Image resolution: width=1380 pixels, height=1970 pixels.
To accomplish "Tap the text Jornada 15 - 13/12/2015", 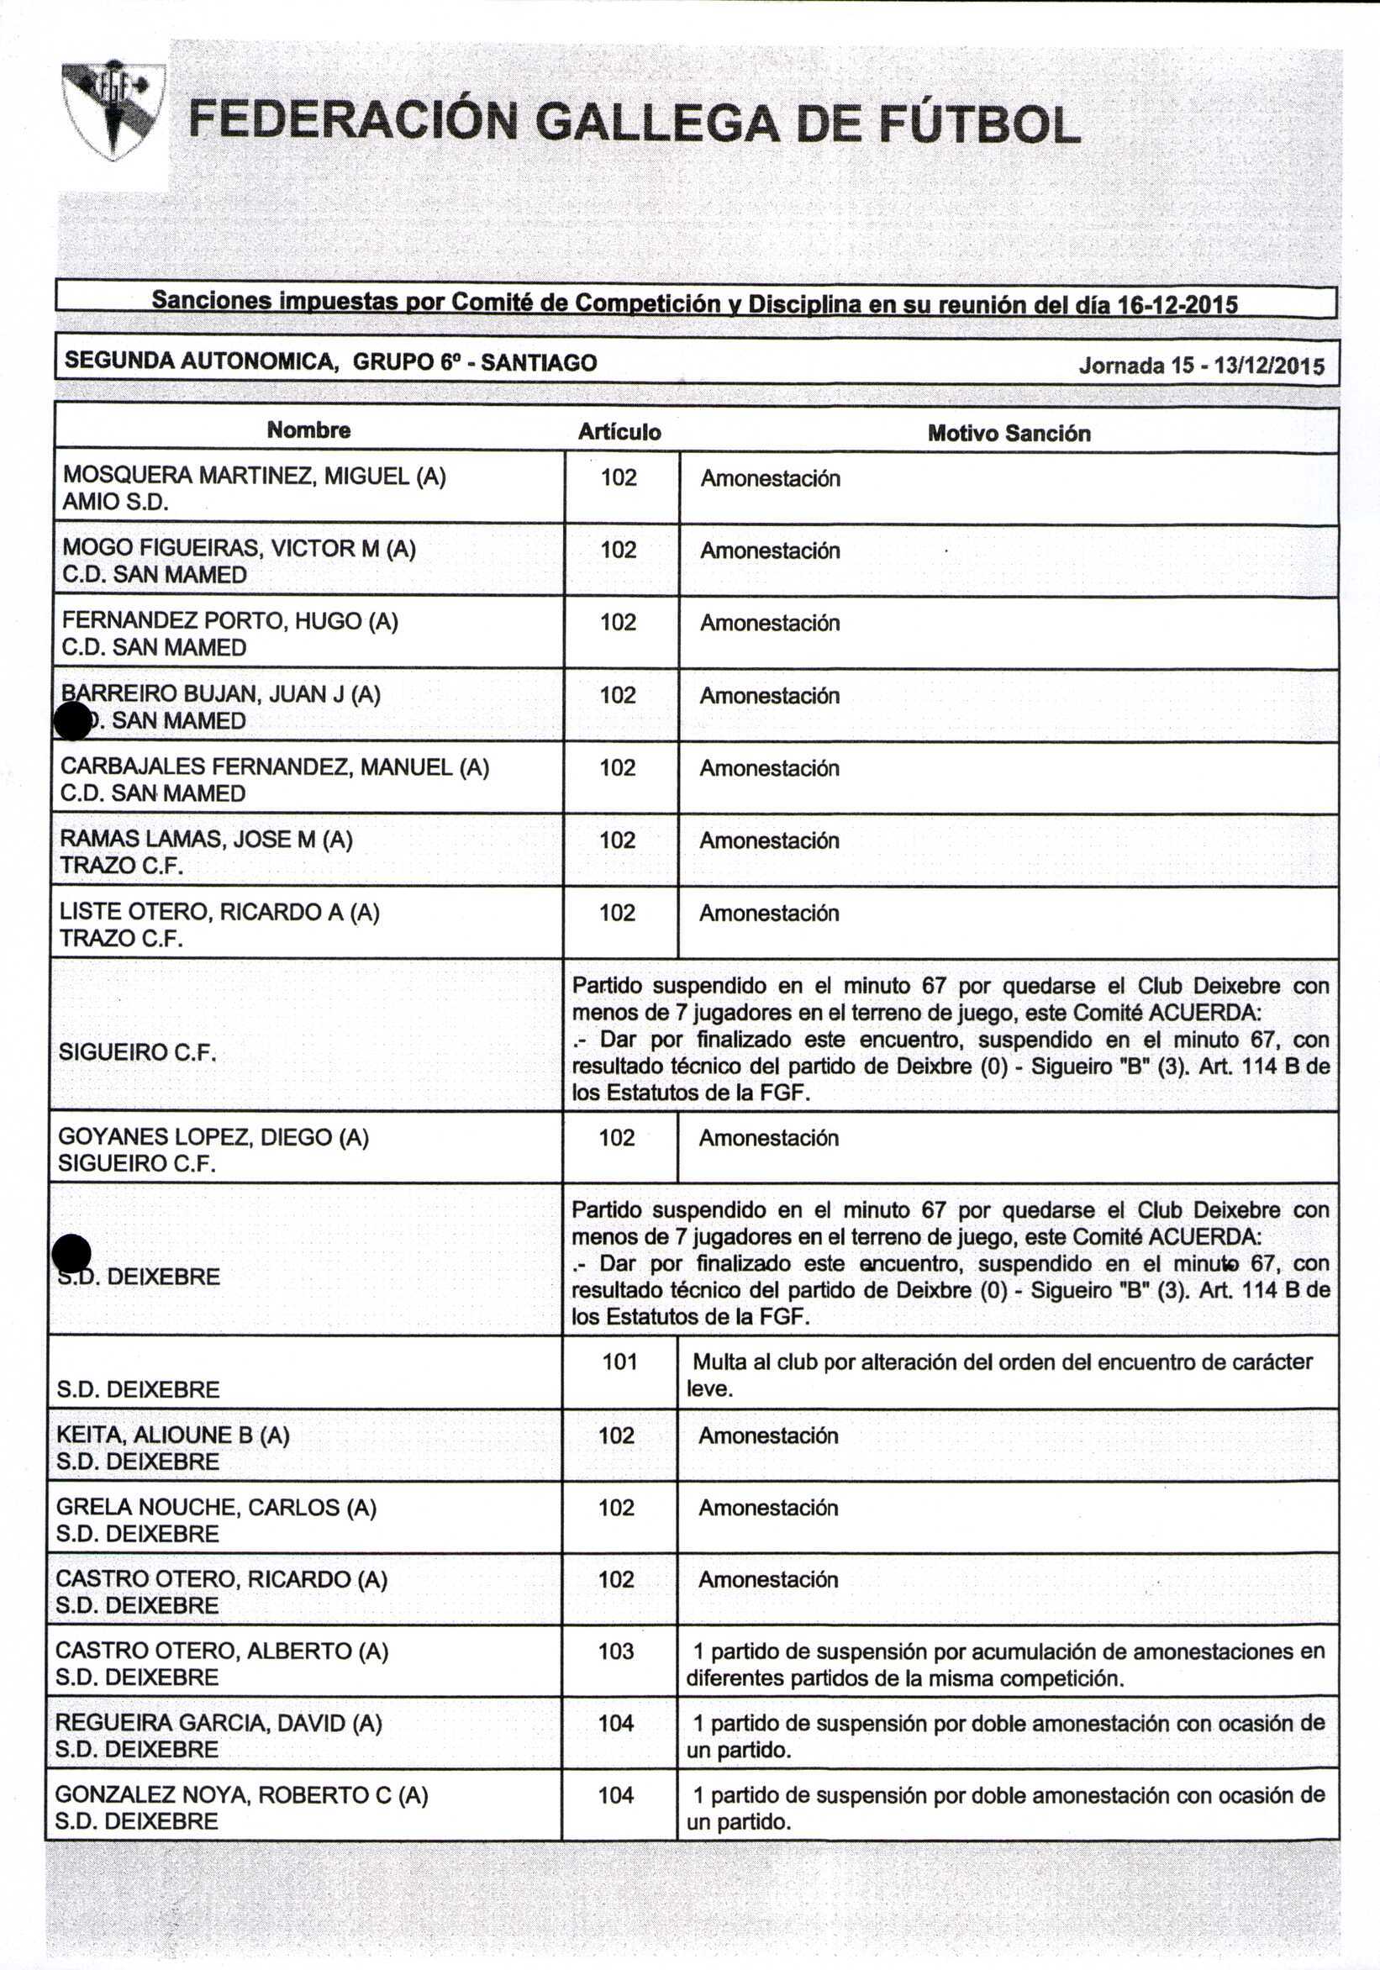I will [1202, 366].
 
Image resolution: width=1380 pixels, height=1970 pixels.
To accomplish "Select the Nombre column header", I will [309, 429].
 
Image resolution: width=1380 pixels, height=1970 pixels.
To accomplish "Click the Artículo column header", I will [619, 432].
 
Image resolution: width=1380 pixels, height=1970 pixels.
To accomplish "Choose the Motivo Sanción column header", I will [1009, 434].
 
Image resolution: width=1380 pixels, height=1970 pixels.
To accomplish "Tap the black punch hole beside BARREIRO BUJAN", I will [73, 721].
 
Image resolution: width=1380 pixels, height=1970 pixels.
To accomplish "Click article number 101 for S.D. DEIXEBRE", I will [619, 1362].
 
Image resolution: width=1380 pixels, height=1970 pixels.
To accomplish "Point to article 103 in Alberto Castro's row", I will [616, 1651].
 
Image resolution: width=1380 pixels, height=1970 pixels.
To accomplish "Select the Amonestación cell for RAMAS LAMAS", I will [769, 840].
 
